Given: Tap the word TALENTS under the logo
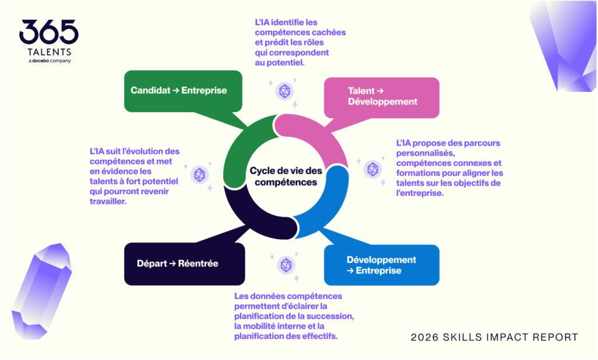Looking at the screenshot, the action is pyautogui.click(x=49, y=52).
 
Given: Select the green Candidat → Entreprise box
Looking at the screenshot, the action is pyautogui.click(x=183, y=91).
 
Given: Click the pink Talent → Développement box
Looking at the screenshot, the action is pyautogui.click(x=381, y=98).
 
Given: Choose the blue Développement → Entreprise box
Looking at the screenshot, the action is pyautogui.click(x=381, y=265).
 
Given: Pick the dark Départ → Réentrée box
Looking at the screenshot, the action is pyautogui.click(x=185, y=264).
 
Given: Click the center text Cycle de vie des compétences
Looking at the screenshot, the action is pyautogui.click(x=286, y=176).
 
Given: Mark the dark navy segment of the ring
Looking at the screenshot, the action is pyautogui.click(x=252, y=216).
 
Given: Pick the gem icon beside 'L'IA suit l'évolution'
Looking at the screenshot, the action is pyautogui.click(x=200, y=175).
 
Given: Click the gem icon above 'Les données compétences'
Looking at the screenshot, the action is pyautogui.click(x=286, y=265).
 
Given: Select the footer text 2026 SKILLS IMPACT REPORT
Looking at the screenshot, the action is pyautogui.click(x=494, y=337).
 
